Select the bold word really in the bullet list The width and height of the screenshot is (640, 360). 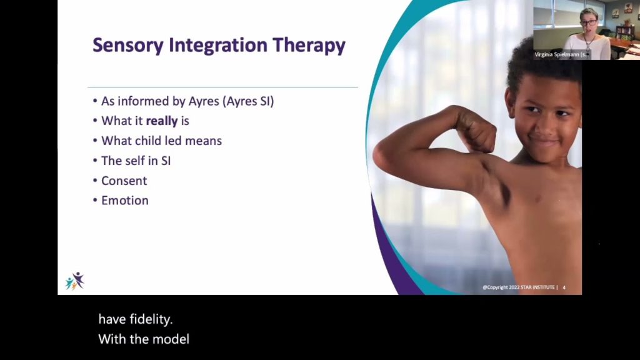[x=162, y=121]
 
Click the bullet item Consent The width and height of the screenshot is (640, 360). [x=124, y=181]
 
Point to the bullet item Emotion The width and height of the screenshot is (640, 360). [x=124, y=201]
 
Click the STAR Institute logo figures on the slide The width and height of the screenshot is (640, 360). [x=75, y=281]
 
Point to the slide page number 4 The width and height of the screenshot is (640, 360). [x=564, y=288]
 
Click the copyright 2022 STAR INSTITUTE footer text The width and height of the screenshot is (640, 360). [x=519, y=288]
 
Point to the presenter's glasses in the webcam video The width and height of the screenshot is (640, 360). [x=588, y=22]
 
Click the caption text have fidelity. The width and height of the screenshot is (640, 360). [x=135, y=319]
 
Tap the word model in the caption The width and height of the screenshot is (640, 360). [x=172, y=339]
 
